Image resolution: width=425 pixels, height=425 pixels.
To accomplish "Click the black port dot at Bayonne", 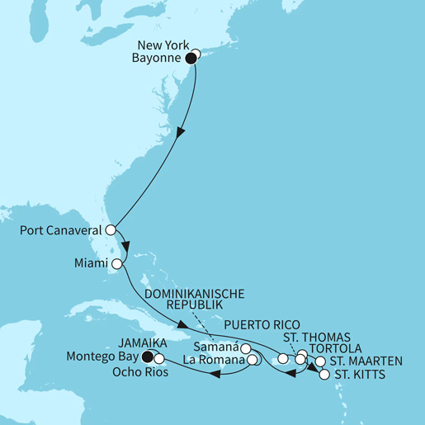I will (191, 59).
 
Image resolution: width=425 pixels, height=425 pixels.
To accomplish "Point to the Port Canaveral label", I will (60, 231).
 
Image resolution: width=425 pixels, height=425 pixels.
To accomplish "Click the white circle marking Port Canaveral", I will (110, 231).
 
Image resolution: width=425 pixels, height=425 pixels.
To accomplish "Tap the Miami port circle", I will (116, 265).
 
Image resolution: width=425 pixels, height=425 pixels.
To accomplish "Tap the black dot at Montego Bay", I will (148, 357).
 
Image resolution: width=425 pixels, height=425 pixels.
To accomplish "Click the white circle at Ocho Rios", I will (158, 359).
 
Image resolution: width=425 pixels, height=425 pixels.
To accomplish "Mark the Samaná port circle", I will (245, 348).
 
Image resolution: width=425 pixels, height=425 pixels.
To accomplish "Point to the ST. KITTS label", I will (359, 375).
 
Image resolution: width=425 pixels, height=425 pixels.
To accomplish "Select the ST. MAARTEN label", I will (365, 361).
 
